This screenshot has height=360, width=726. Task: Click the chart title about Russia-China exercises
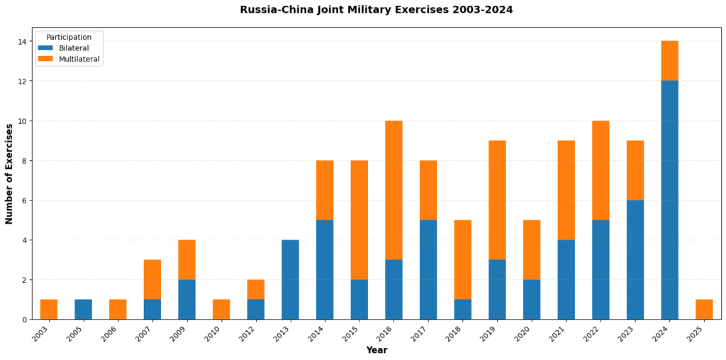click(376, 10)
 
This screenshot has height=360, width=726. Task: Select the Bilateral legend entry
click(74, 47)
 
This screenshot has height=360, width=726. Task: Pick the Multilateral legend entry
click(79, 59)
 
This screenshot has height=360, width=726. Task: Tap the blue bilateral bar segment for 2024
click(669, 200)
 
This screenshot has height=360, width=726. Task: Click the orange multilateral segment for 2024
click(669, 61)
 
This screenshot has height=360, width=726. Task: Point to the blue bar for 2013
click(290, 279)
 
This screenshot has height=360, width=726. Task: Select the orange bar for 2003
click(49, 309)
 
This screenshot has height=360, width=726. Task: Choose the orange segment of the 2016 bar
click(393, 190)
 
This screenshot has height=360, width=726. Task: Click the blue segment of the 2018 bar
click(463, 309)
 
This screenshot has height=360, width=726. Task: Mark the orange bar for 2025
click(704, 309)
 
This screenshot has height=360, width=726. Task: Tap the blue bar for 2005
click(84, 309)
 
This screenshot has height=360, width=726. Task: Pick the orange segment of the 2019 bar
click(497, 200)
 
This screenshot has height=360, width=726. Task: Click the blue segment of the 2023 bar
click(635, 259)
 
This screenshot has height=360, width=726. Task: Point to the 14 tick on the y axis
click(23, 42)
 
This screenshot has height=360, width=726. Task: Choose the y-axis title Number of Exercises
click(9, 174)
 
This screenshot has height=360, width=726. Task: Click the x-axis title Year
click(376, 350)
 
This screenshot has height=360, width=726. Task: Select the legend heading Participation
click(69, 37)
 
